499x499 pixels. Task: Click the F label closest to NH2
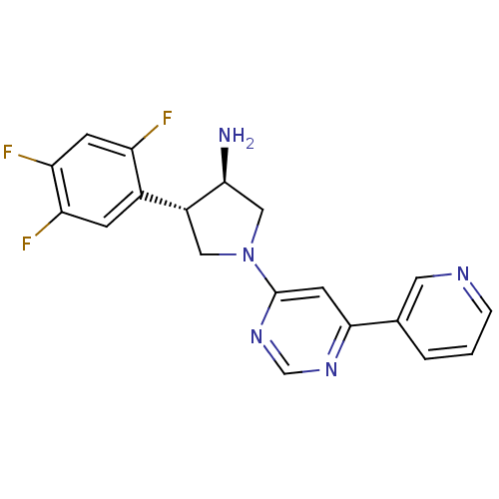click(167, 119)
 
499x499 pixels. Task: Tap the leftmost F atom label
click(8, 153)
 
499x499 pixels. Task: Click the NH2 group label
click(236, 136)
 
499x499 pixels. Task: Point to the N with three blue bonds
click(249, 254)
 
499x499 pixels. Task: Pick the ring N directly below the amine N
click(256, 336)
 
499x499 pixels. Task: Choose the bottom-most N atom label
click(330, 369)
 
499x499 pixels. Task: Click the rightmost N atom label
click(462, 272)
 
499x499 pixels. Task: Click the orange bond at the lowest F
click(41, 234)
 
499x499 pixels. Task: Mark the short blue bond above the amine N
click(254, 236)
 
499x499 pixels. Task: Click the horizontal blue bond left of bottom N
click(308, 369)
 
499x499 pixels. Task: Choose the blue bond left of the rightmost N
click(442, 272)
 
